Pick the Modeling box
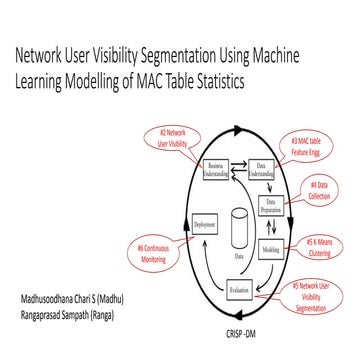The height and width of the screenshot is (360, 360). (x=271, y=247)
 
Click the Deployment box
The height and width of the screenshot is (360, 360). (x=204, y=228)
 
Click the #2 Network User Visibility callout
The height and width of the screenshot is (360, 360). (x=176, y=137)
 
